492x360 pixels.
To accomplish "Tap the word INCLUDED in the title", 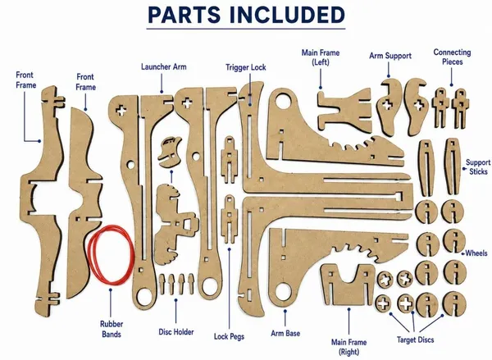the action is [287, 15].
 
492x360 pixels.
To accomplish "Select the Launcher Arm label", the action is [163, 67].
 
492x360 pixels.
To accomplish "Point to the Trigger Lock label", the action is [246, 67].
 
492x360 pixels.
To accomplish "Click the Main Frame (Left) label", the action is [321, 57].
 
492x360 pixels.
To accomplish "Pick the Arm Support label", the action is [390, 56].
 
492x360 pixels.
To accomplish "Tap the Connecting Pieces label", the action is [452, 57].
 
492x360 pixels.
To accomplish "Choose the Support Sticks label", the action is [478, 167].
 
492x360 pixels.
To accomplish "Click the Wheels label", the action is [476, 253].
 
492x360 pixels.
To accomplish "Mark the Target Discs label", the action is [415, 339].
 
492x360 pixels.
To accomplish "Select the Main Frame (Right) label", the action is [349, 347].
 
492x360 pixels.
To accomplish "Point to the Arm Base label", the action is [285, 333].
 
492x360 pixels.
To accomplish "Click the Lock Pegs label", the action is [229, 336].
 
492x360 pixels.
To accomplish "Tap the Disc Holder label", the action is [176, 332].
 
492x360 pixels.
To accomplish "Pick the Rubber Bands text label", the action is [112, 329].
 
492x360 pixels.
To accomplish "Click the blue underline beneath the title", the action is [246, 29].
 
